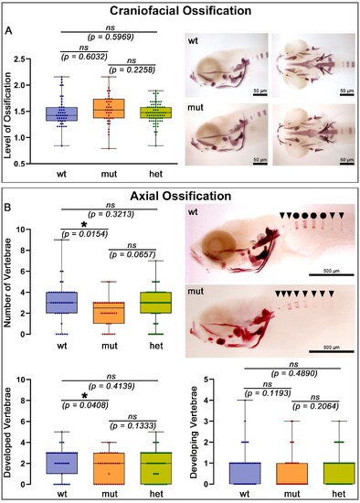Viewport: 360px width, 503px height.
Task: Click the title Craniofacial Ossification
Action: point(181,11)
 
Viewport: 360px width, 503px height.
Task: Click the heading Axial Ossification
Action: point(181,196)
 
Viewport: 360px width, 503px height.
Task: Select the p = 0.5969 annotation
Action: point(111,37)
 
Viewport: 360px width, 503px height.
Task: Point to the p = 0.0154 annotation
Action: point(84,234)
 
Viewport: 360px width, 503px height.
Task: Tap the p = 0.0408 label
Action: point(85,405)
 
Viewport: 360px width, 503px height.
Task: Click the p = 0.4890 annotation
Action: point(294,373)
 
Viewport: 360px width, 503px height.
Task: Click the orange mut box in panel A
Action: point(110,109)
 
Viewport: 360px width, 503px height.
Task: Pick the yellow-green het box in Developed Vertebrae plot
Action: point(156,468)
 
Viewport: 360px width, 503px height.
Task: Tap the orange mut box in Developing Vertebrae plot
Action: point(292,474)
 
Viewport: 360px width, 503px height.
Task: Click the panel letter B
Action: point(7,208)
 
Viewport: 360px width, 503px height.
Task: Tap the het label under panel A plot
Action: point(156,174)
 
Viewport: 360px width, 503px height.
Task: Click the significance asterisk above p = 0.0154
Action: point(84,224)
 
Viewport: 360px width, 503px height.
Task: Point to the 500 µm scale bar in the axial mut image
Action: point(332,351)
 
